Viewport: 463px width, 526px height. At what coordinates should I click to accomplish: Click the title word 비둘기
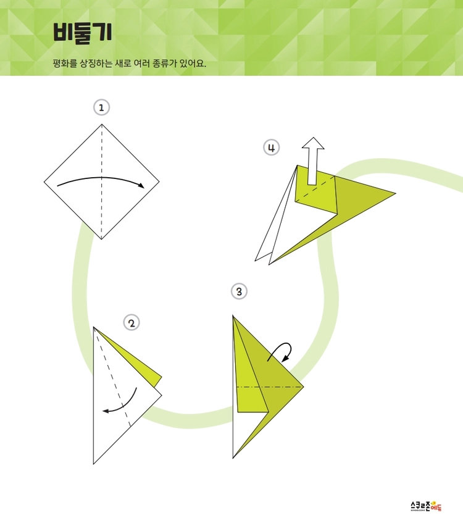(82, 33)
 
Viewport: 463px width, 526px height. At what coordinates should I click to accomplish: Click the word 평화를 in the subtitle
(65, 63)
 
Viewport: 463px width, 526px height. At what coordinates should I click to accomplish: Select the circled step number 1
(101, 107)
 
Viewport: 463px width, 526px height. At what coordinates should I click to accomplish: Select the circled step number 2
(131, 323)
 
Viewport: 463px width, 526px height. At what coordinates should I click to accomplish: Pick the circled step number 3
(239, 291)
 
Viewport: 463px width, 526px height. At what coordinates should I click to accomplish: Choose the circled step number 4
(271, 148)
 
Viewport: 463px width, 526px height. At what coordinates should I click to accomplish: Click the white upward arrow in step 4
(313, 161)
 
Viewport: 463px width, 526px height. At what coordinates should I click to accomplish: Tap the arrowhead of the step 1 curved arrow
(141, 185)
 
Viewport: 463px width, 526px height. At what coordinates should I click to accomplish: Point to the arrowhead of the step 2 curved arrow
(106, 411)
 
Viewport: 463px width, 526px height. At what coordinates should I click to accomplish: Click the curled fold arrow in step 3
(281, 351)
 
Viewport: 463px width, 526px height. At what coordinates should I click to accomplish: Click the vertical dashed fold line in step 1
(102, 182)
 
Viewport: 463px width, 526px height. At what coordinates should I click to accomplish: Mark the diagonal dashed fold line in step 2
(112, 377)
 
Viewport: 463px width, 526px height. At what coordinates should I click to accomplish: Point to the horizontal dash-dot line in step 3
(270, 387)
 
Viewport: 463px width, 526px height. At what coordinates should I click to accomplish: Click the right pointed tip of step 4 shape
(396, 193)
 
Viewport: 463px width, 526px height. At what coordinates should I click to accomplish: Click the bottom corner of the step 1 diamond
(102, 239)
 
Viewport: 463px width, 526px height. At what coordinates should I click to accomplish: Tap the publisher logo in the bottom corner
(426, 506)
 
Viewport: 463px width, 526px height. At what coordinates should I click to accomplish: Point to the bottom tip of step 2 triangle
(94, 464)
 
